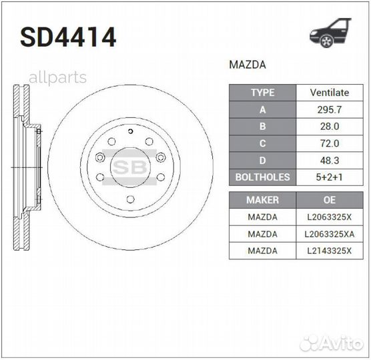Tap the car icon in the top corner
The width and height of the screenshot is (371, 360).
(330, 33)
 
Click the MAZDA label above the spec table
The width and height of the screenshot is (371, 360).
(248, 65)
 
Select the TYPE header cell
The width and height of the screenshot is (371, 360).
(262, 93)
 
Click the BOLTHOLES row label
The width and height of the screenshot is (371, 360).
(262, 177)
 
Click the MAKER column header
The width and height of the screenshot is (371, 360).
(262, 199)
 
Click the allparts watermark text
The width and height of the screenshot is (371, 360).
(57, 77)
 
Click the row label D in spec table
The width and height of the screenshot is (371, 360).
(262, 160)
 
